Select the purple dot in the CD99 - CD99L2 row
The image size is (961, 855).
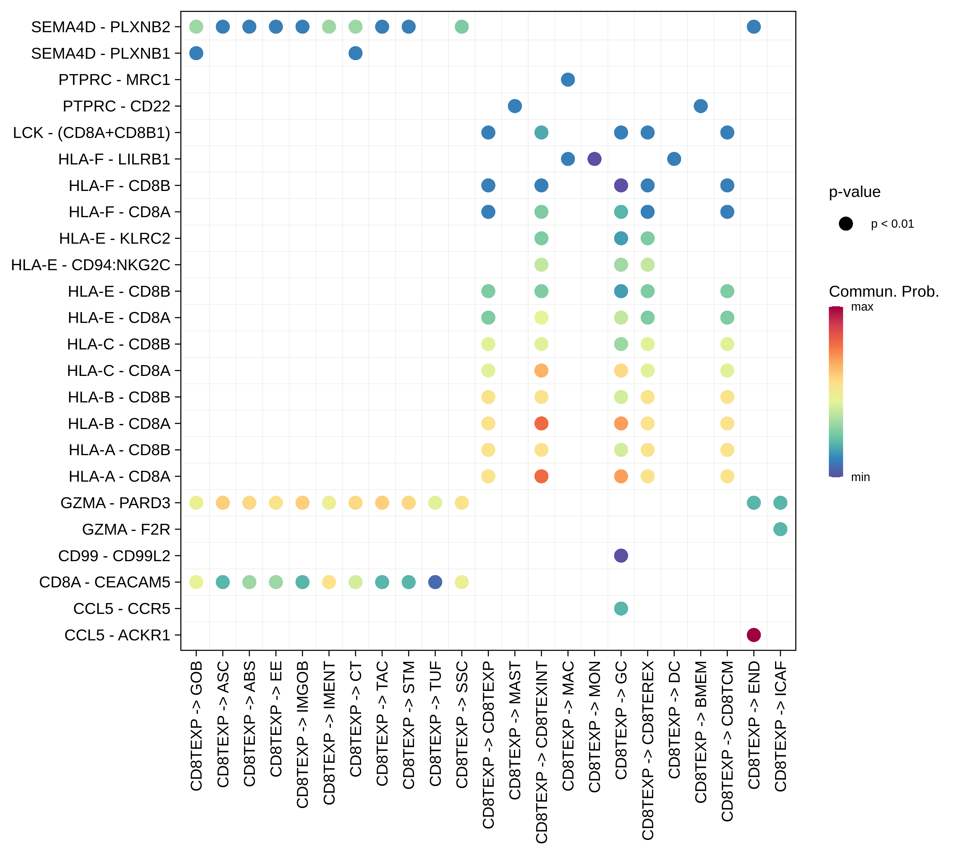pyautogui.click(x=621, y=556)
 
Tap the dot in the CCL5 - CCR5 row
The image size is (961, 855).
pyautogui.click(x=621, y=608)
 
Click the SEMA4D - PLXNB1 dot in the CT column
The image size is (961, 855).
pyautogui.click(x=355, y=53)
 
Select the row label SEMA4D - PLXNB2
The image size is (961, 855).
pyautogui.click(x=101, y=27)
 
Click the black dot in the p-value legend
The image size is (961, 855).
pyautogui.click(x=846, y=224)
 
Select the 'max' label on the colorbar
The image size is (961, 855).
pyautogui.click(x=862, y=307)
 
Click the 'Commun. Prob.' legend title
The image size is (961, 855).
pyautogui.click(x=884, y=292)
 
